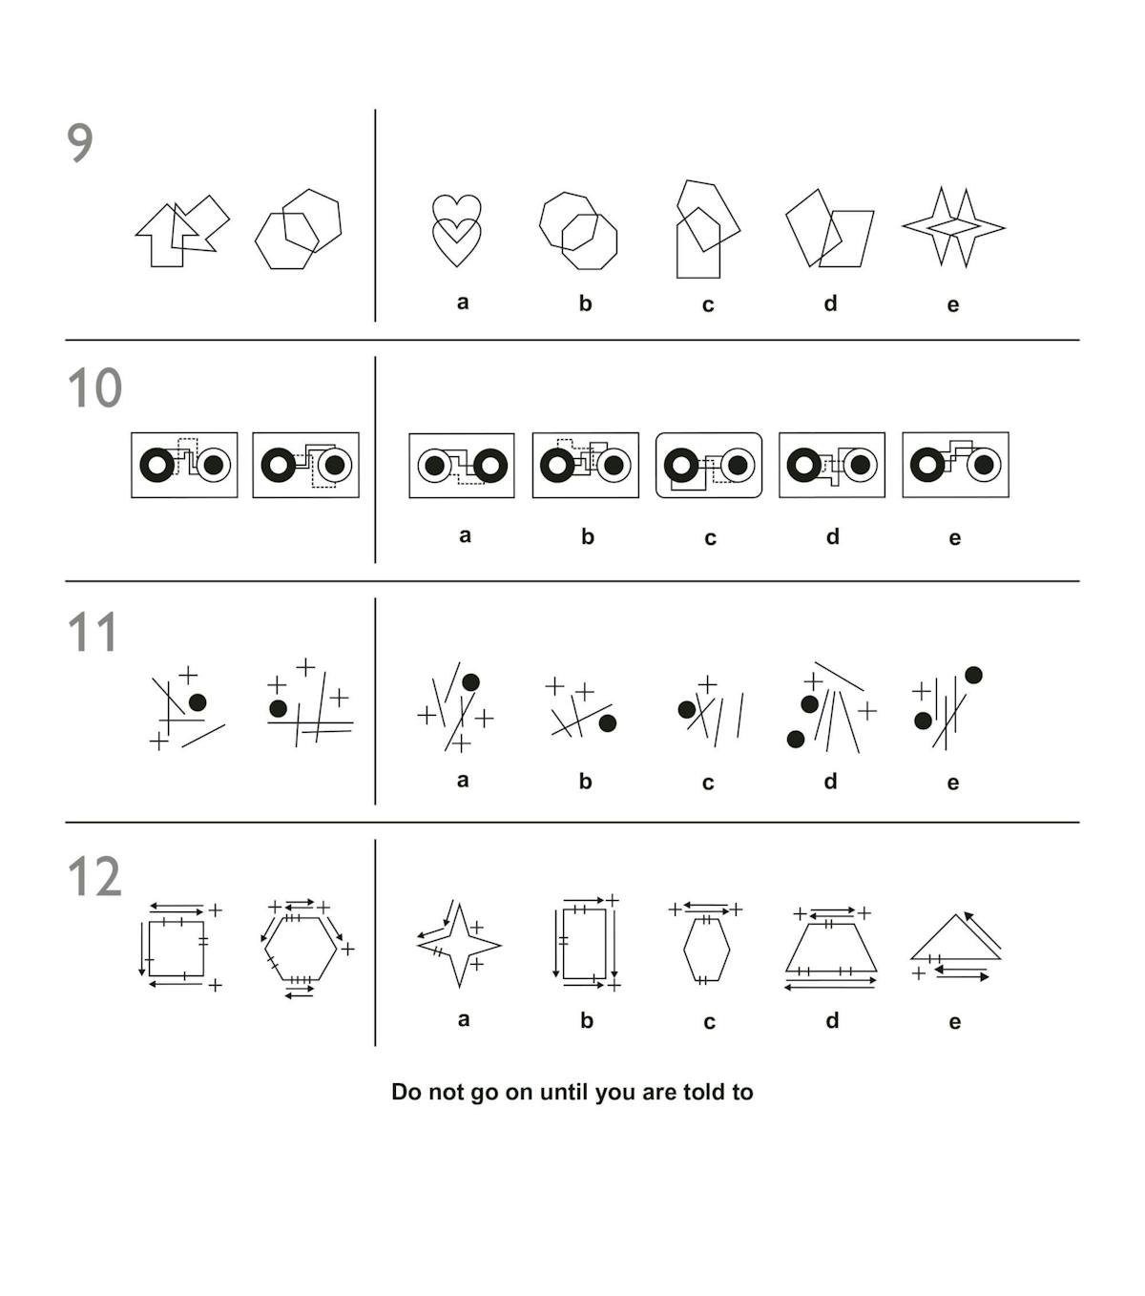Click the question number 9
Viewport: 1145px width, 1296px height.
(80, 143)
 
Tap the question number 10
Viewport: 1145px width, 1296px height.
(94, 387)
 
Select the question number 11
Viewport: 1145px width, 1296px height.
(93, 632)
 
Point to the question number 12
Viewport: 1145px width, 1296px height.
(94, 876)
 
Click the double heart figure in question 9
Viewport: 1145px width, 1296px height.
(456, 230)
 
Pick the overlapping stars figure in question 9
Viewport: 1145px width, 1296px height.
(953, 226)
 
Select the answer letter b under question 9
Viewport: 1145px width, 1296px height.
(585, 303)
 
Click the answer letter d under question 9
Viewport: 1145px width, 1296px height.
(830, 303)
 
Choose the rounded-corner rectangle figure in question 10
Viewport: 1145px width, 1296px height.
(708, 466)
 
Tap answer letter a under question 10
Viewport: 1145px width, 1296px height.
(465, 535)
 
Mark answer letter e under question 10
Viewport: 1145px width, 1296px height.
(954, 537)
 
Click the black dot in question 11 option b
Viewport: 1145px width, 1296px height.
(607, 722)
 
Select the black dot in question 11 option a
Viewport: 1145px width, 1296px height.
(470, 681)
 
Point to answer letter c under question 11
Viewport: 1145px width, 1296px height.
(708, 783)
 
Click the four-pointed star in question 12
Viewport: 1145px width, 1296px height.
(459, 945)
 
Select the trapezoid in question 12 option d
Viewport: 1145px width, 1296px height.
(830, 950)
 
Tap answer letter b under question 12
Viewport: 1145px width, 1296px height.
(587, 1020)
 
